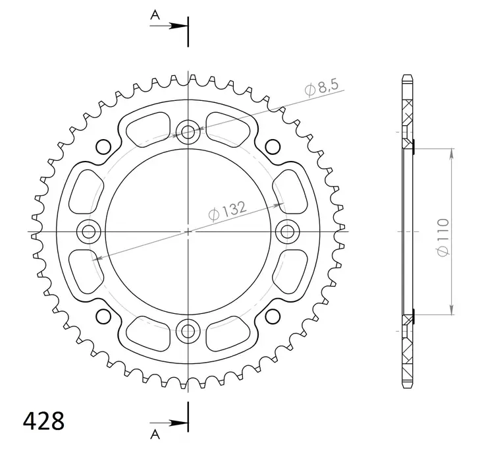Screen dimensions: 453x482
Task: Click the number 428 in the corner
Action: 43,420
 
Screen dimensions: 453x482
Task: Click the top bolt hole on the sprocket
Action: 188,131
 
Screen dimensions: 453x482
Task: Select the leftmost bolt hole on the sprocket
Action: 88,231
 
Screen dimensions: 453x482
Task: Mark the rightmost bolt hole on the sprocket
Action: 288,231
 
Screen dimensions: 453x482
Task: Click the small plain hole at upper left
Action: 103,146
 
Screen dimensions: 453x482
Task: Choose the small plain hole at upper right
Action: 273,146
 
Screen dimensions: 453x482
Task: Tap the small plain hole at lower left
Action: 103,317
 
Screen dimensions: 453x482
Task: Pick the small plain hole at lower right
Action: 273,317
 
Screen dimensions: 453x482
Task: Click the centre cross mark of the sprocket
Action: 188,231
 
